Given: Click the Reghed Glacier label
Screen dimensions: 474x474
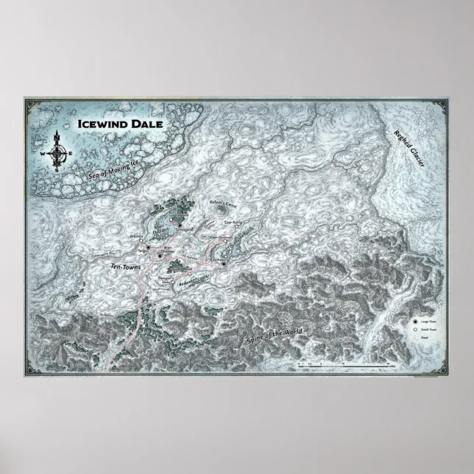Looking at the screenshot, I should point(406,151).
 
